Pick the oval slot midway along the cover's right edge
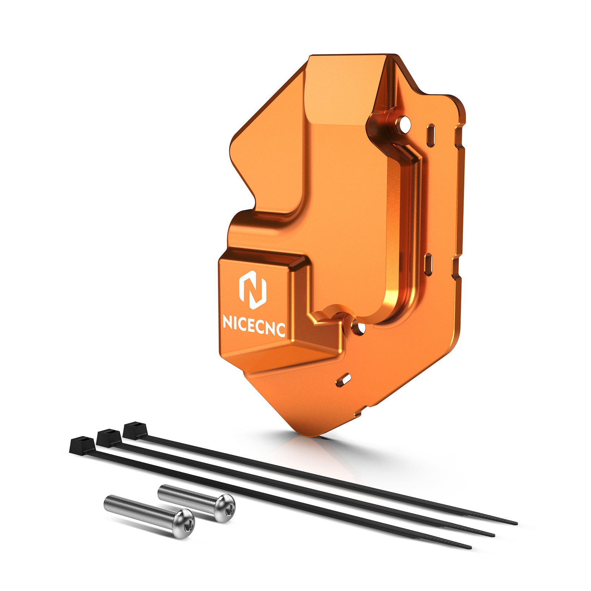click(428, 264)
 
